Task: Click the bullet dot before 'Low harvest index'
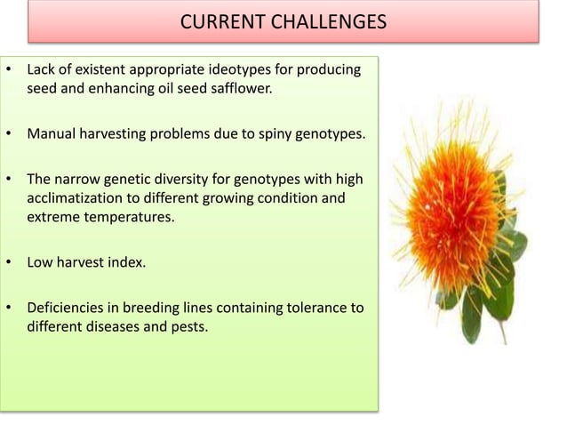point(9,263)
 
